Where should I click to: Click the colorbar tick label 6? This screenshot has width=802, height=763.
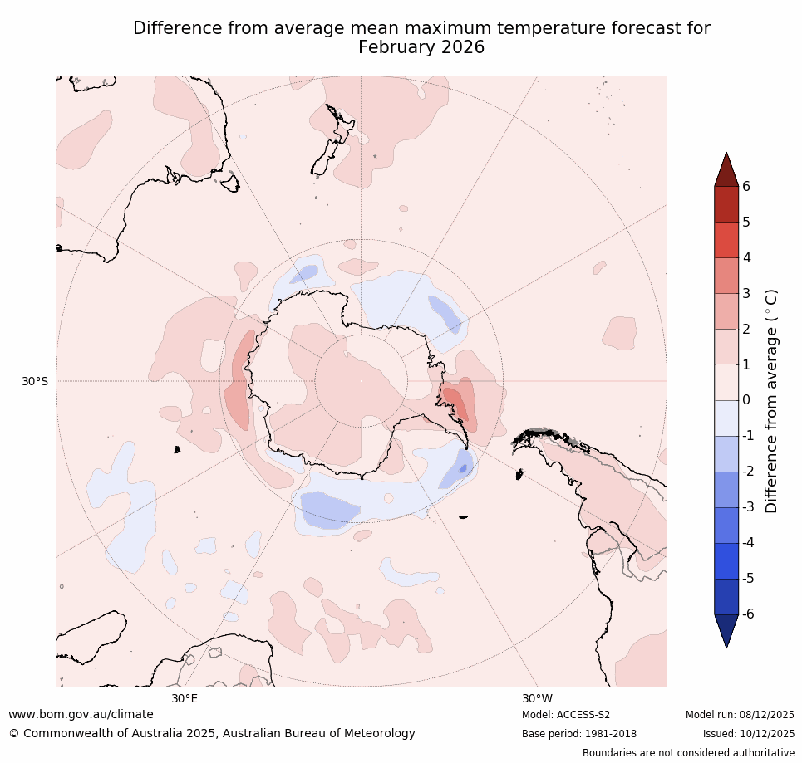pyautogui.click(x=746, y=186)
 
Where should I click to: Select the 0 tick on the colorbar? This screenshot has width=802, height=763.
pyautogui.click(x=746, y=400)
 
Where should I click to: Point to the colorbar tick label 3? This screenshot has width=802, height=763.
pyautogui.click(x=746, y=293)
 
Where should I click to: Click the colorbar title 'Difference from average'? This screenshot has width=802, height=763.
pyautogui.click(x=771, y=401)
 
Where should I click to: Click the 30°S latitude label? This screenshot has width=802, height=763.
pyautogui.click(x=35, y=381)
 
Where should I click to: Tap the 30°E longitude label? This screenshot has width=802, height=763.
pyautogui.click(x=185, y=698)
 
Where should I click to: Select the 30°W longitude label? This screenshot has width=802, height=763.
pyautogui.click(x=537, y=698)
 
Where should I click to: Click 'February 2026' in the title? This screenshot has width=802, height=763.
pyautogui.click(x=421, y=48)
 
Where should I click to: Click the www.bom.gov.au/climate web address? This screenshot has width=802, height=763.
pyautogui.click(x=81, y=714)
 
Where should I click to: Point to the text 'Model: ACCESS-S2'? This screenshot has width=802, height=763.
pyautogui.click(x=566, y=715)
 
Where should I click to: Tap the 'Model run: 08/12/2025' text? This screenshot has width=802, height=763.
pyautogui.click(x=740, y=715)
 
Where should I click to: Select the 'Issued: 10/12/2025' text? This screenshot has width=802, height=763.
pyautogui.click(x=748, y=734)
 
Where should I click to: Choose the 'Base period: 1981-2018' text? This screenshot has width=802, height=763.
pyautogui.click(x=578, y=734)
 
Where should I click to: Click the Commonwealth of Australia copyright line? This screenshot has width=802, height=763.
pyautogui.click(x=212, y=733)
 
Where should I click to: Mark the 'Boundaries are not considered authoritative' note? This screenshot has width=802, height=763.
pyautogui.click(x=688, y=753)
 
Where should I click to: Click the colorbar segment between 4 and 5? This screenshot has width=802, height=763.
pyautogui.click(x=726, y=240)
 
